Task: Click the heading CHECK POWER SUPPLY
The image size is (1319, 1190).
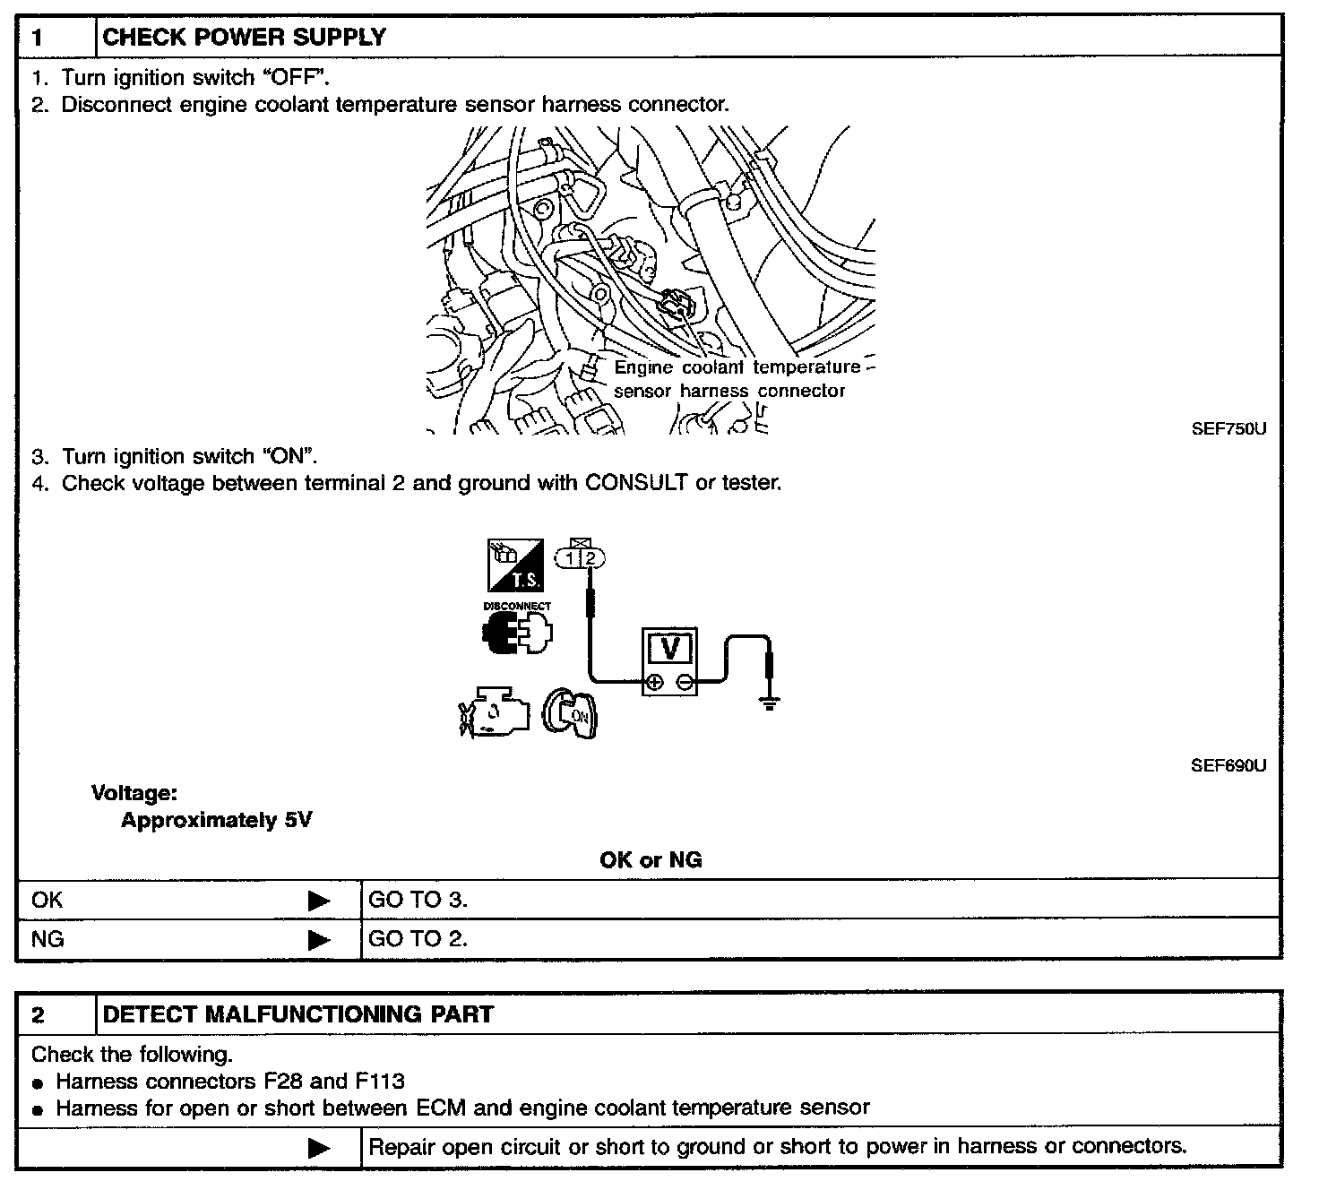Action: (245, 38)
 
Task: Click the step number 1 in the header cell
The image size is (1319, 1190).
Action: (39, 38)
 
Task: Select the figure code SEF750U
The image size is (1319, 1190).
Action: (1228, 428)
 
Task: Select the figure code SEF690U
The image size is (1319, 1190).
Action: (1228, 765)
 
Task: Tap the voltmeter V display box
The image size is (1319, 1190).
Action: (669, 648)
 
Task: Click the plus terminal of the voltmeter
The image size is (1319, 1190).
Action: (655, 683)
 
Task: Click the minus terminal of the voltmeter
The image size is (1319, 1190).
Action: (684, 683)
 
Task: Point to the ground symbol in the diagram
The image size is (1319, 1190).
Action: (768, 702)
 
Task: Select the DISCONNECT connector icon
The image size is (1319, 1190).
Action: (517, 631)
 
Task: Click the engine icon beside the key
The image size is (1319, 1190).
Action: (492, 714)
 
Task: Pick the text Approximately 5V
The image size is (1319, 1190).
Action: (216, 820)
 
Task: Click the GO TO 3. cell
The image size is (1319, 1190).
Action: (418, 899)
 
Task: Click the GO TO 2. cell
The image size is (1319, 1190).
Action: (418, 938)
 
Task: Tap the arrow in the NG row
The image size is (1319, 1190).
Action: (319, 940)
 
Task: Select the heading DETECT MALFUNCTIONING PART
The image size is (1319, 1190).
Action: (298, 1014)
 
